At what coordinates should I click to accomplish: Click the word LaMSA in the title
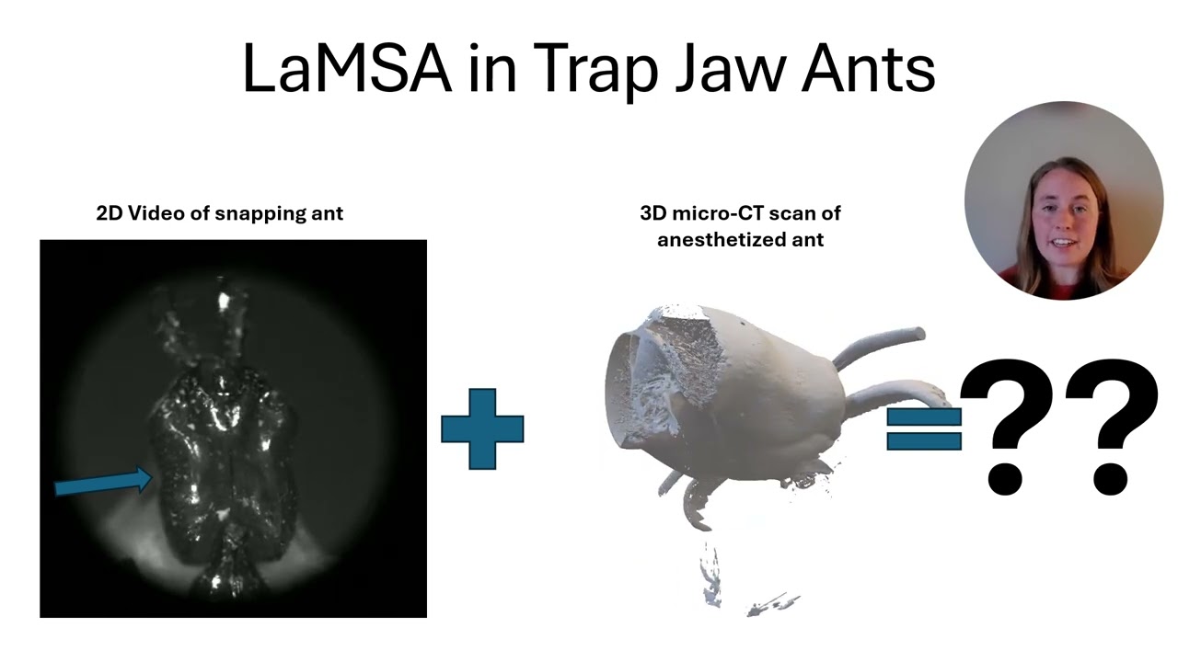pyautogui.click(x=346, y=68)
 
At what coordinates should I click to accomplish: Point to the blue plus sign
pyautogui.click(x=482, y=428)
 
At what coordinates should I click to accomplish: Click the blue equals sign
pyautogui.click(x=923, y=429)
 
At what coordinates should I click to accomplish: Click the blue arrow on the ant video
pyautogui.click(x=102, y=483)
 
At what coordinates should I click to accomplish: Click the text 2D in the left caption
pyautogui.click(x=110, y=213)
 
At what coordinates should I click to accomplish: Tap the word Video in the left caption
pyautogui.click(x=153, y=213)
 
